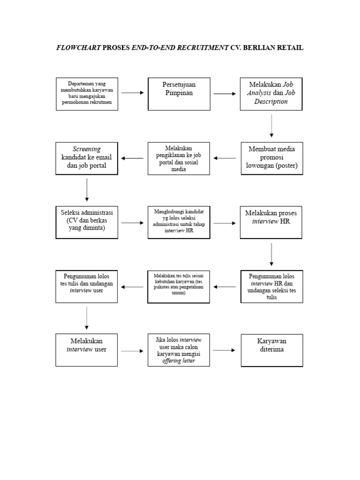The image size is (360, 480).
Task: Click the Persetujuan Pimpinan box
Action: [179, 94]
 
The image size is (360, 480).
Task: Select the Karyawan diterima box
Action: [272, 350]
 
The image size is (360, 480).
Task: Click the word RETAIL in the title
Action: [291, 48]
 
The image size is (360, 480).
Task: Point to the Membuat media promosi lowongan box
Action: [272, 158]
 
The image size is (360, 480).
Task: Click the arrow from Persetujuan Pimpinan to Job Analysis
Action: [225, 94]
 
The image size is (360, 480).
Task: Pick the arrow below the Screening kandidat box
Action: [87, 189]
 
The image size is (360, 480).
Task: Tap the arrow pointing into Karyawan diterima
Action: [223, 350]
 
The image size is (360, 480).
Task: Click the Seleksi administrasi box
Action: [87, 222]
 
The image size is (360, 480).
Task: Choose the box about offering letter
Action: [179, 350]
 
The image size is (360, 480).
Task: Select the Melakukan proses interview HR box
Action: [271, 222]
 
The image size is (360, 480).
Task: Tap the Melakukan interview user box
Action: [87, 350]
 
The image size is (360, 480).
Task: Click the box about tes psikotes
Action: [179, 286]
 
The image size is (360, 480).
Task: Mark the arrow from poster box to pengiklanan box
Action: [225, 158]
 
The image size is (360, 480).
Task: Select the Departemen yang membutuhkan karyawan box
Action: [87, 94]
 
